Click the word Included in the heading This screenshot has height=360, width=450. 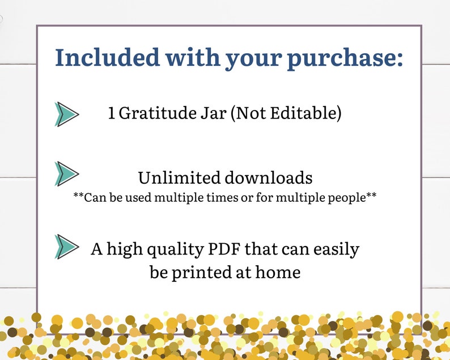click(100, 58)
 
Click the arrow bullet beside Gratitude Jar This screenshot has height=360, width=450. click(66, 114)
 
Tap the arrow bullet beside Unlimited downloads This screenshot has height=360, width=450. click(66, 173)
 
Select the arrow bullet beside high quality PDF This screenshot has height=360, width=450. click(66, 247)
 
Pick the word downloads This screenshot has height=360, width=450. click(269, 177)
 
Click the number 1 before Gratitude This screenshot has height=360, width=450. click(112, 113)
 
